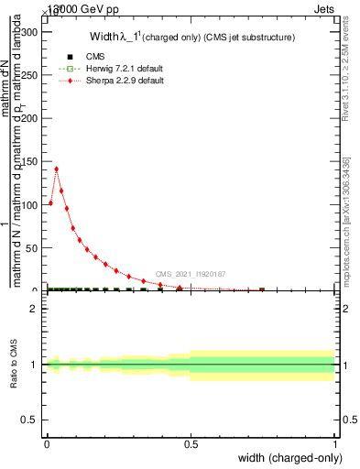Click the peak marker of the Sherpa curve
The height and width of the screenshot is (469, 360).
56,169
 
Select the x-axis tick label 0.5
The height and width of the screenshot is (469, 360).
191,444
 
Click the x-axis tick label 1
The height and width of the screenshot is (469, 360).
335,444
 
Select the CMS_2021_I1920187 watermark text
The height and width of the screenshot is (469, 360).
191,274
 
